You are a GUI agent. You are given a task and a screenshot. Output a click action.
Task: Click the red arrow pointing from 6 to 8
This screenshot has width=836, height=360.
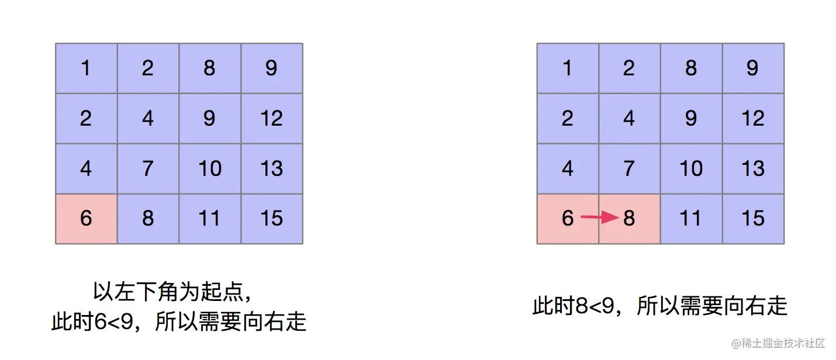click(600, 218)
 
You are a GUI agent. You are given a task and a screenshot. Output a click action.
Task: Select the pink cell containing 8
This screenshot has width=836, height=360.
click(630, 219)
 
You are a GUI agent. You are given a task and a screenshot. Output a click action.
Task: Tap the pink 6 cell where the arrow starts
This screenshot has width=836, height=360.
click(568, 219)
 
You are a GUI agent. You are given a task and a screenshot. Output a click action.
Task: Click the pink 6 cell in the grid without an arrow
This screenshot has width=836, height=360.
click(87, 219)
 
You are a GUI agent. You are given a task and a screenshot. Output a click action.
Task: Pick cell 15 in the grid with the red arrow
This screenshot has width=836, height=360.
click(753, 219)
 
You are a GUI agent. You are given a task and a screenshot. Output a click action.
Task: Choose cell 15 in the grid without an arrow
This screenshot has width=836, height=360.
click(272, 219)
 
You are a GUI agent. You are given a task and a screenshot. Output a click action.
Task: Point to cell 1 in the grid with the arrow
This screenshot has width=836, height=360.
click(568, 68)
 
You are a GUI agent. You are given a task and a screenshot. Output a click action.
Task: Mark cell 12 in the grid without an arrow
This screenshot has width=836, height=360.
click(272, 119)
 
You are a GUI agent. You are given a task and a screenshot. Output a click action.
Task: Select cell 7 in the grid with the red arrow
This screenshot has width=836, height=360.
click(630, 169)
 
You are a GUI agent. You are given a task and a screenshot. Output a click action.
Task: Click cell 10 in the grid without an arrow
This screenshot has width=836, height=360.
click(210, 169)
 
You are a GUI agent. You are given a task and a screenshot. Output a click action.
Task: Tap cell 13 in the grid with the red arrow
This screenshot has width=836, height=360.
click(753, 169)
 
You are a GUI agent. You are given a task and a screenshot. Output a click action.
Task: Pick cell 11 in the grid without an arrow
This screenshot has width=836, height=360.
click(210, 219)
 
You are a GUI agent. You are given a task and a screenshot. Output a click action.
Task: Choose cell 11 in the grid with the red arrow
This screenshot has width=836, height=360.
click(691, 219)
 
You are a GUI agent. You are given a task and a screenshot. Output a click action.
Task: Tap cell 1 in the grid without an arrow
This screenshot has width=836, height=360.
click(87, 68)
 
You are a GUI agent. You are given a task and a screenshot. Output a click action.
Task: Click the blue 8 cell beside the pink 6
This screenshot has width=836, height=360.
click(148, 219)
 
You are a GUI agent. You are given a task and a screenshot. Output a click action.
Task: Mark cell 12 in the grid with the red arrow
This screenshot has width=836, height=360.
click(753, 119)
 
